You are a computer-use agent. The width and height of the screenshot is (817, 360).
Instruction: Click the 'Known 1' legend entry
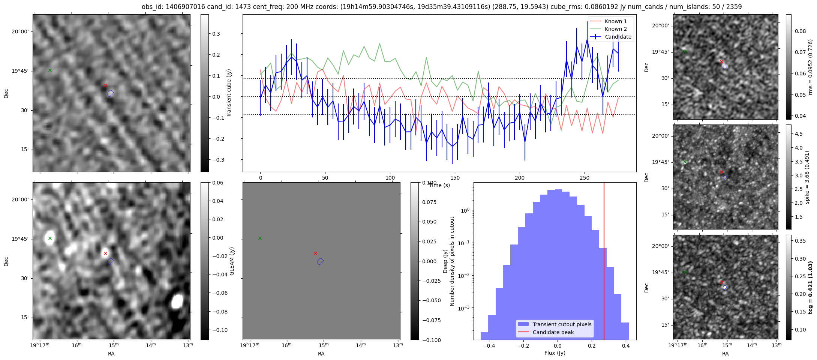[x=616, y=21]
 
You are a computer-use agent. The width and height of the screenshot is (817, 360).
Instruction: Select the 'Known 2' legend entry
[x=616, y=29]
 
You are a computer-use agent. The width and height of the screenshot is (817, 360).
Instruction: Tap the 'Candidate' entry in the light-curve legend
[x=618, y=37]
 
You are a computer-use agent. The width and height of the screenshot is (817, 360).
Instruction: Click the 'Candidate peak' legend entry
[x=553, y=332]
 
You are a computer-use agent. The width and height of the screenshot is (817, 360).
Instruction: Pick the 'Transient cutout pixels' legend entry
[x=562, y=324]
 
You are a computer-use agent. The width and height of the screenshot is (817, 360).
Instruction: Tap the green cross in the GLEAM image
[x=50, y=238]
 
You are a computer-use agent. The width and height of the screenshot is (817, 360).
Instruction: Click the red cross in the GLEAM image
[x=105, y=253]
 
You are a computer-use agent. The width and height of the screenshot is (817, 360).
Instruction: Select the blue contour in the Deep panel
[x=320, y=261]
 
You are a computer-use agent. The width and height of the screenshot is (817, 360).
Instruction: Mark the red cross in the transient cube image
[x=105, y=85]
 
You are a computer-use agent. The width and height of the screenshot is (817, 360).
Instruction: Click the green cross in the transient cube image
[x=50, y=70]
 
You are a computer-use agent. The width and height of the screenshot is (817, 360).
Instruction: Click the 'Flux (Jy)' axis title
[x=555, y=353]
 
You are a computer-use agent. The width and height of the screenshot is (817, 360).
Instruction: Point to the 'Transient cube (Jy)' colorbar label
[x=229, y=93]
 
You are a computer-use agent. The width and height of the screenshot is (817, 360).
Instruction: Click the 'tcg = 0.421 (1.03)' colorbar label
[x=810, y=288]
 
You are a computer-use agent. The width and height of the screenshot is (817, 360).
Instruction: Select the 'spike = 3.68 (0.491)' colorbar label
[x=807, y=177]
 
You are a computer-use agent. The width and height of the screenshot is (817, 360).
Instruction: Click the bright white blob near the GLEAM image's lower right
[x=177, y=301]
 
